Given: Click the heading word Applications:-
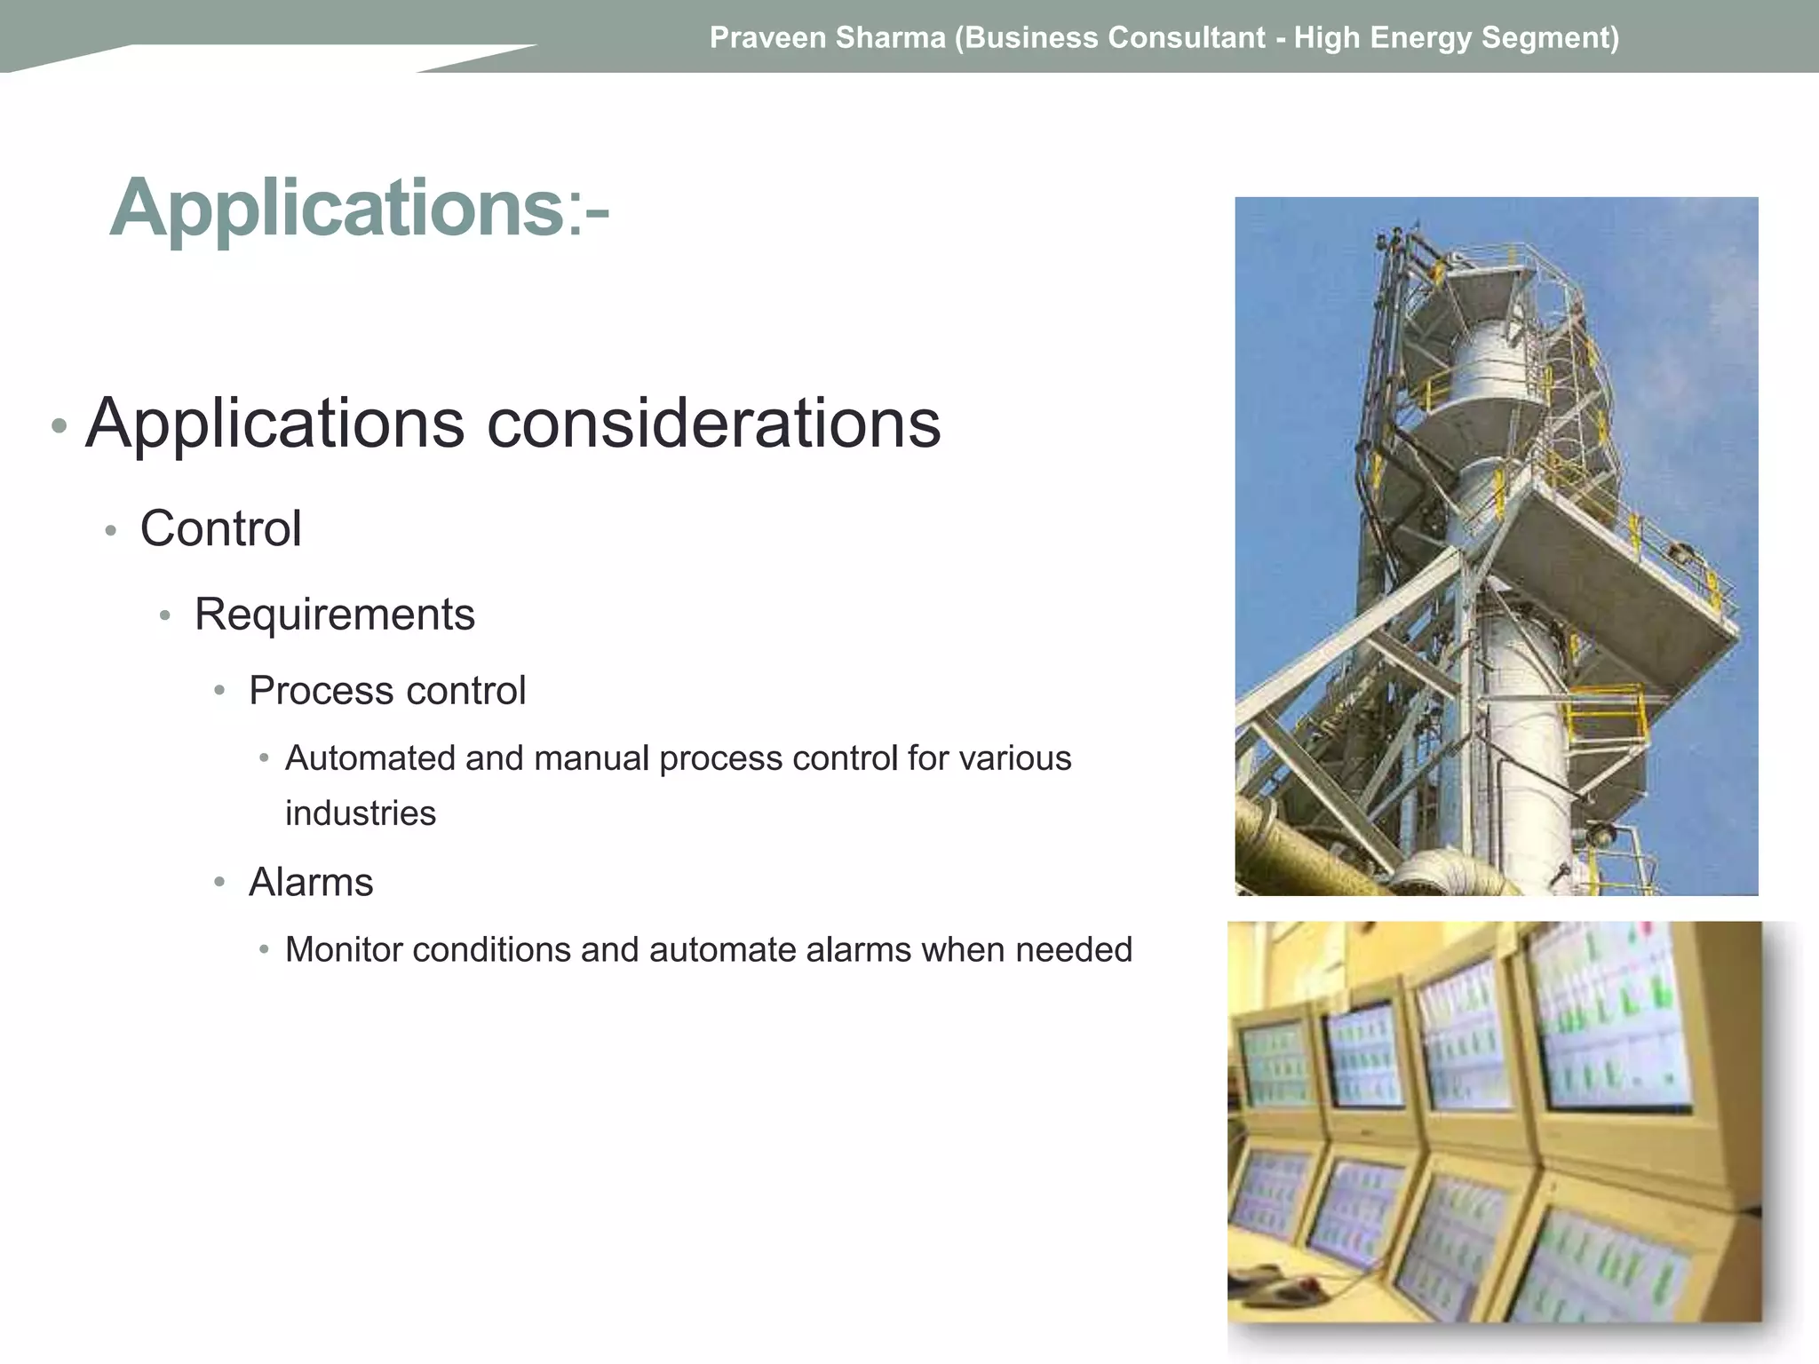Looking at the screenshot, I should coord(359,208).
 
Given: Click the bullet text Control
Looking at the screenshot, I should coord(221,529).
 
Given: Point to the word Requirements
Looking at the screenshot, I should coord(335,615).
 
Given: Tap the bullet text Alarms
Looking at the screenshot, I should coord(311,883).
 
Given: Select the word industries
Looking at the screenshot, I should coord(361,813).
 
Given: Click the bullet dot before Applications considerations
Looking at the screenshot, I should coord(59,426).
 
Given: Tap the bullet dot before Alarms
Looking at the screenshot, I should coord(219,883).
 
